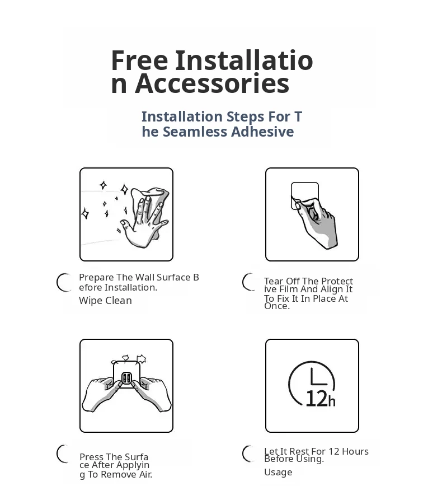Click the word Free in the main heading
(139, 60)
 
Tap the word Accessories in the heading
(212, 83)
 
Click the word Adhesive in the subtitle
(262, 132)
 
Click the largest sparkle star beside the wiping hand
(125, 189)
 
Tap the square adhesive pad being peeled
(305, 195)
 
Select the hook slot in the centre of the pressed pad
(126, 378)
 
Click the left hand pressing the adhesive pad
(100, 394)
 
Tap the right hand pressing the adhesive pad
(153, 394)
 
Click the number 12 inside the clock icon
(316, 399)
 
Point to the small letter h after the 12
(332, 401)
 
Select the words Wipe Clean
(106, 300)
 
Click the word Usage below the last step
(278, 472)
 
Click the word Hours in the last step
(355, 451)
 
